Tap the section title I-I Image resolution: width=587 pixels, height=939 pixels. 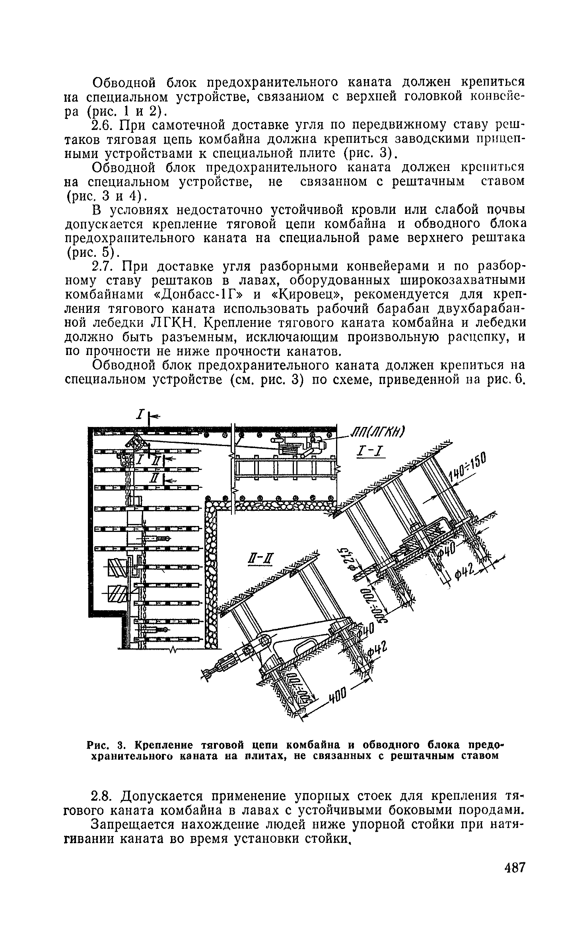click(x=369, y=451)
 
